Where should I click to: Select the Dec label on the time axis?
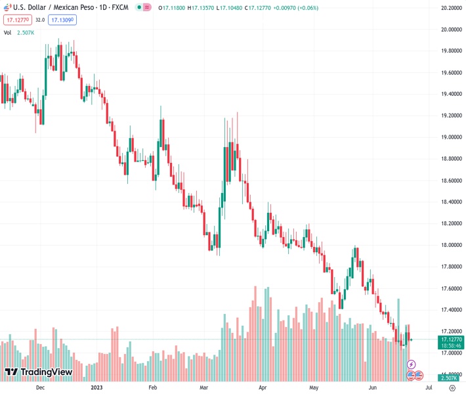41,388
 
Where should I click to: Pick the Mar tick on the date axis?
204,388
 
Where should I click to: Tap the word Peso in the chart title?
81,7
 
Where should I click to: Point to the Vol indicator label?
8,32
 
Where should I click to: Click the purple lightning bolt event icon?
412,364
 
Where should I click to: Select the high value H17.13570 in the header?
203,7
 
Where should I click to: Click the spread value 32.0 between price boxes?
39,20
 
